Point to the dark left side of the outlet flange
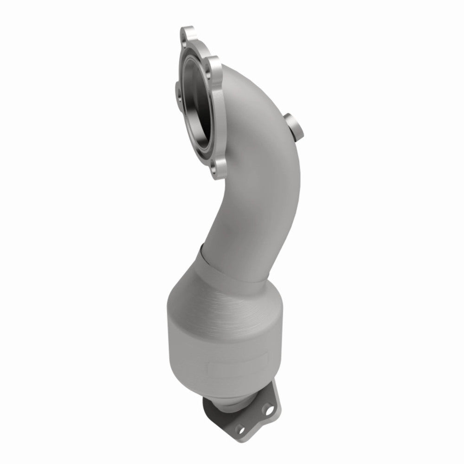pos(209,408)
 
